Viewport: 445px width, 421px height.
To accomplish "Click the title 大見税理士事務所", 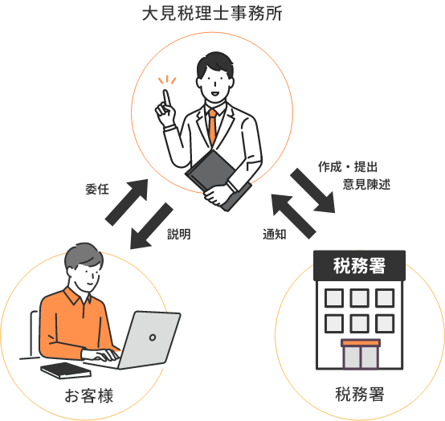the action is coord(212,14).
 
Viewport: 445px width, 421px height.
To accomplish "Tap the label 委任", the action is coord(97,189).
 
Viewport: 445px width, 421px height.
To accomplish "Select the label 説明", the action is coord(179,235).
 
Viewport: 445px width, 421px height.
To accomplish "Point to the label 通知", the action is coord(274,235).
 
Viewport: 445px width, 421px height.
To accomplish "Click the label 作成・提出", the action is coord(348,166).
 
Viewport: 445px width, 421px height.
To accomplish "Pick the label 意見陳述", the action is coord(366,184).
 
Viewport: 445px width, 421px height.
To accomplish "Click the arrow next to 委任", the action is coord(127,202).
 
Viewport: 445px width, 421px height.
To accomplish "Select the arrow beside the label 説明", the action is coord(152,226).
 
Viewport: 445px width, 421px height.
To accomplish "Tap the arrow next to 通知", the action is coord(293,216).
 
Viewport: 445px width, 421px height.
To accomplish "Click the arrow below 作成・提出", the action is coord(312,190).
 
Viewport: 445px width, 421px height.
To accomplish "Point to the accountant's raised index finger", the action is coord(167,99).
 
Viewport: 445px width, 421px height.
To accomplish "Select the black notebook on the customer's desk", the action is coord(66,370).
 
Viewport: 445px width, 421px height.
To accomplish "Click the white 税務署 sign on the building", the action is coord(359,266).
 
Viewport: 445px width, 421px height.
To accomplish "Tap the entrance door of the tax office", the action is coord(361,355).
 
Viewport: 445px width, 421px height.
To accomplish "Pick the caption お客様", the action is coord(89,395).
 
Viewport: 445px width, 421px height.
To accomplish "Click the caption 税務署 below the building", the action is coord(360,394).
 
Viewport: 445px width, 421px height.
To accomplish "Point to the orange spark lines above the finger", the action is coord(167,80).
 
